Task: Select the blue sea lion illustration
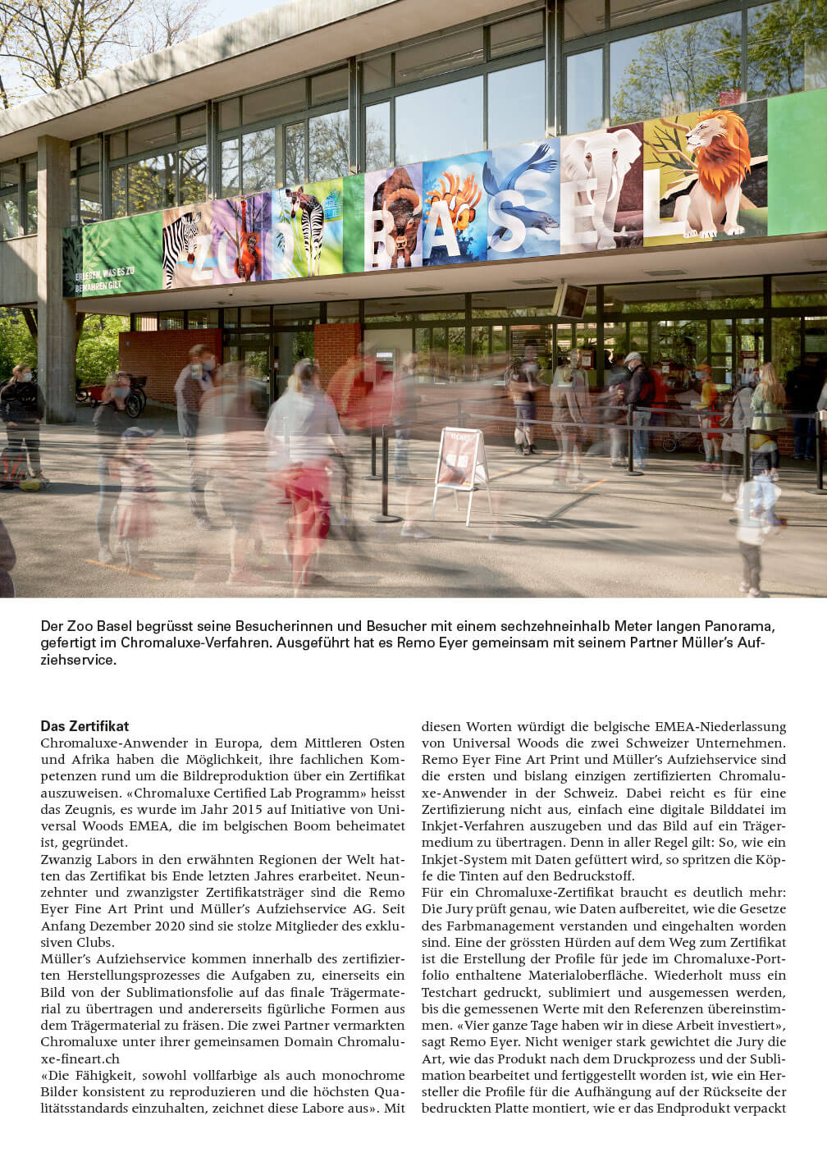pos(517,197)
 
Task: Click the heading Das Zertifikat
pos(85,726)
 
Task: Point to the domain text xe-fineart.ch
pos(80,1059)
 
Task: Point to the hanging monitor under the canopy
pos(571,300)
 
